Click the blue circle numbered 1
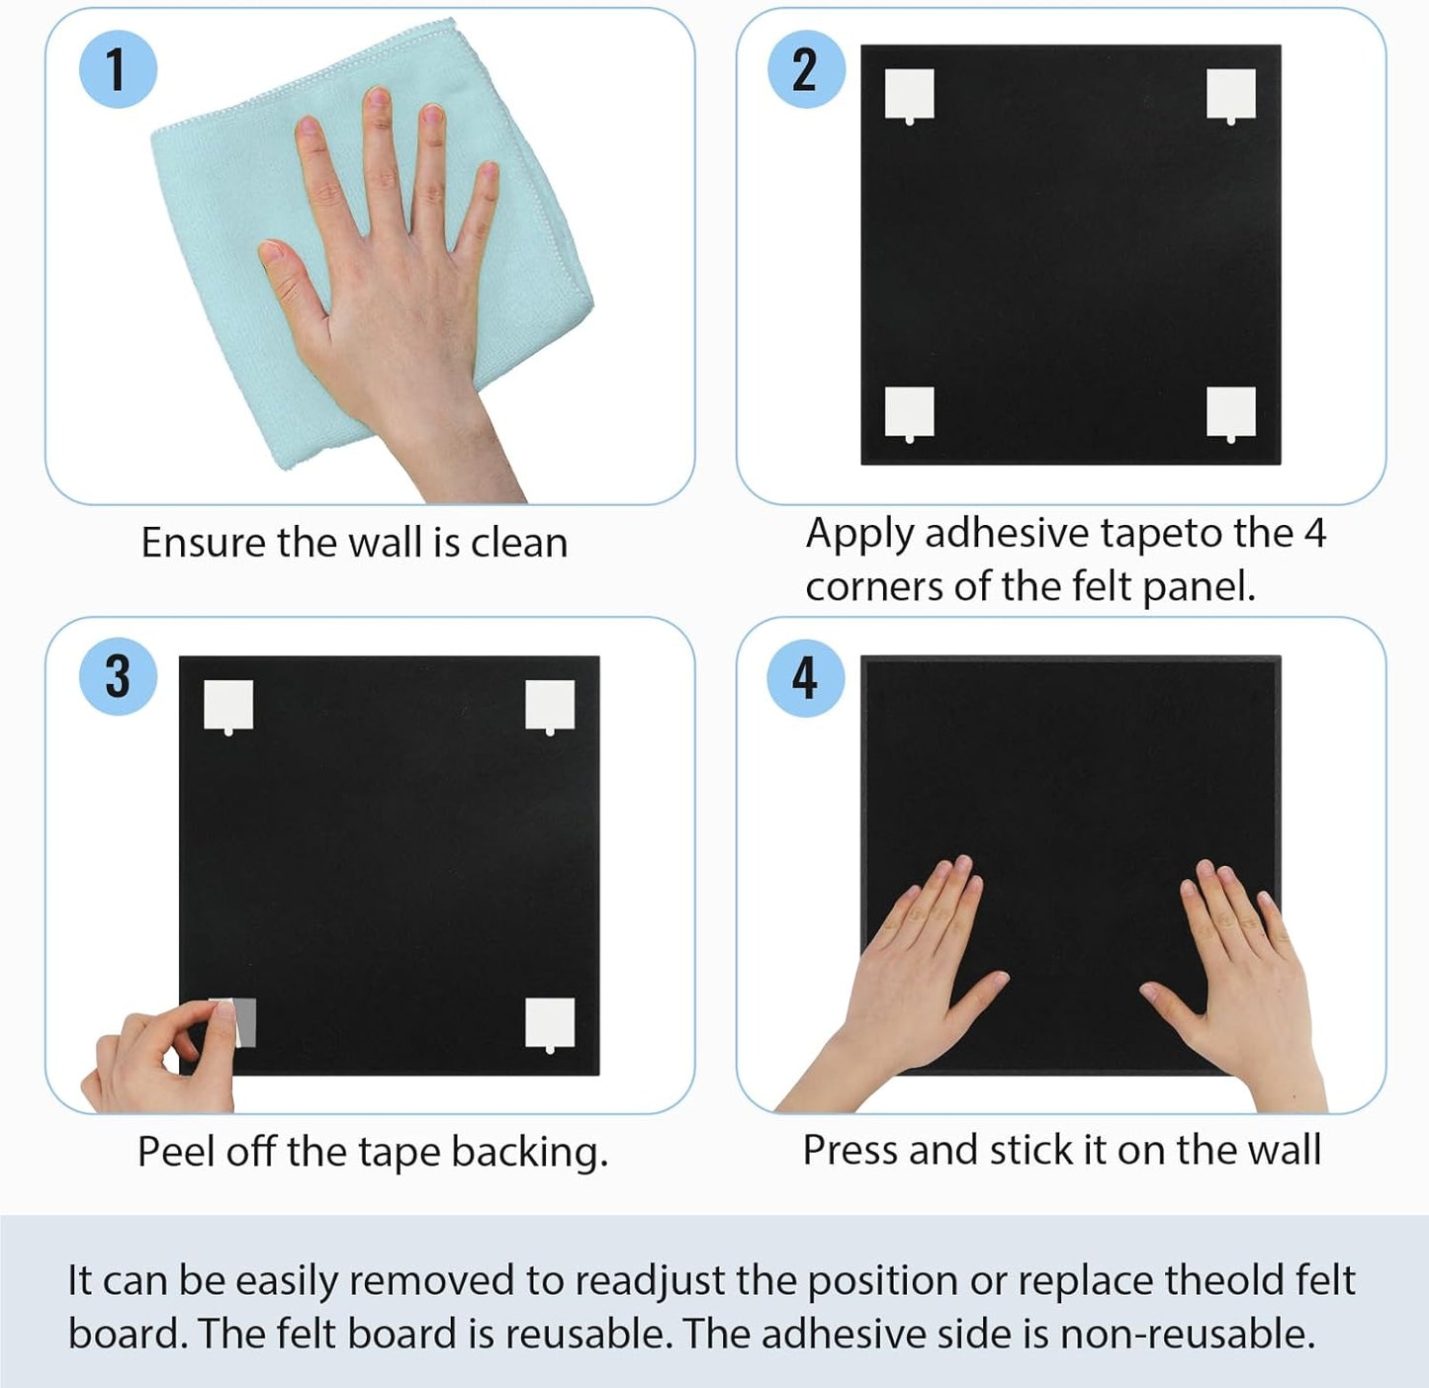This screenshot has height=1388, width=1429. pyautogui.click(x=118, y=70)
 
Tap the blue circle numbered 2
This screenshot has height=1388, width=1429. pyautogui.click(x=806, y=70)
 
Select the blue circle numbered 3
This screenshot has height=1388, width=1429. pyautogui.click(x=118, y=676)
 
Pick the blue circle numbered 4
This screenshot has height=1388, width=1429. pyautogui.click(x=806, y=677)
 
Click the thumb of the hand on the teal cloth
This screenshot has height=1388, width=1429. pyautogui.click(x=290, y=279)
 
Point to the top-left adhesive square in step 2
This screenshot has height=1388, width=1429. pyautogui.click(x=909, y=96)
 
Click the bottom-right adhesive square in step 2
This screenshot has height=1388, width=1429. pyautogui.click(x=1231, y=414)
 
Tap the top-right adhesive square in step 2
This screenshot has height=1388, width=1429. pyautogui.click(x=1231, y=96)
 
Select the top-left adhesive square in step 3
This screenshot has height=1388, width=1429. pyautogui.click(x=228, y=707)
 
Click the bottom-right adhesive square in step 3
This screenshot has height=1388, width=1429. pyautogui.click(x=550, y=1024)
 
